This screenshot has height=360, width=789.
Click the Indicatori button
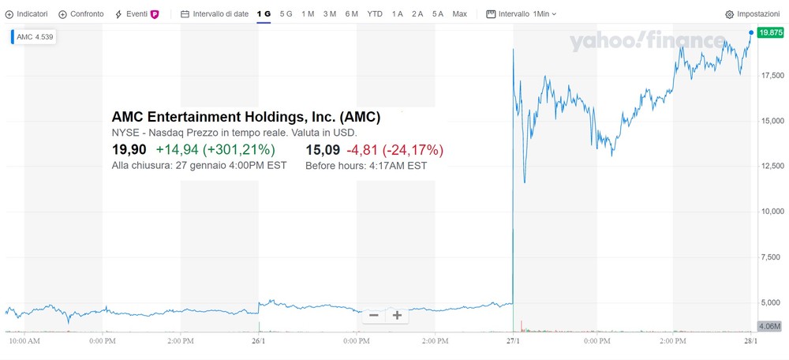(x=26, y=14)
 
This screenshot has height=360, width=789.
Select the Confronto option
(x=81, y=14)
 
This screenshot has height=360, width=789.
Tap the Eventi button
(x=136, y=14)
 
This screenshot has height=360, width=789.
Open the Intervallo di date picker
(x=215, y=14)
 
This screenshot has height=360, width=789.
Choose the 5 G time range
(x=286, y=14)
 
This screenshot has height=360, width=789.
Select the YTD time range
(x=374, y=14)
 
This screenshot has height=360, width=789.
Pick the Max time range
(x=459, y=14)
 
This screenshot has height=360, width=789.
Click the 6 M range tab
(x=352, y=14)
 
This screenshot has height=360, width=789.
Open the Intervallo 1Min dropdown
(x=522, y=14)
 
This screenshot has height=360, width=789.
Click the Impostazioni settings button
(x=752, y=14)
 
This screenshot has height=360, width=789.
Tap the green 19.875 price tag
(x=771, y=32)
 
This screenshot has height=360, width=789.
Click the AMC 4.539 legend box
(x=34, y=37)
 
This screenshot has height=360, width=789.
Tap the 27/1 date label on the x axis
(x=513, y=341)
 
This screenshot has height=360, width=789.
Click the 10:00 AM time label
(x=24, y=341)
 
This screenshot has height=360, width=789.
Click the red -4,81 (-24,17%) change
(x=395, y=150)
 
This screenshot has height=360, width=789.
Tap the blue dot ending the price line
(x=751, y=32)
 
